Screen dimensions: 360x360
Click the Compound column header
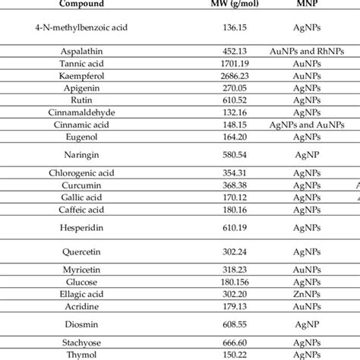[83, 4]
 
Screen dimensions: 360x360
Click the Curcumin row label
[84, 185]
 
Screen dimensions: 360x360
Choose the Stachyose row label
[84, 342]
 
